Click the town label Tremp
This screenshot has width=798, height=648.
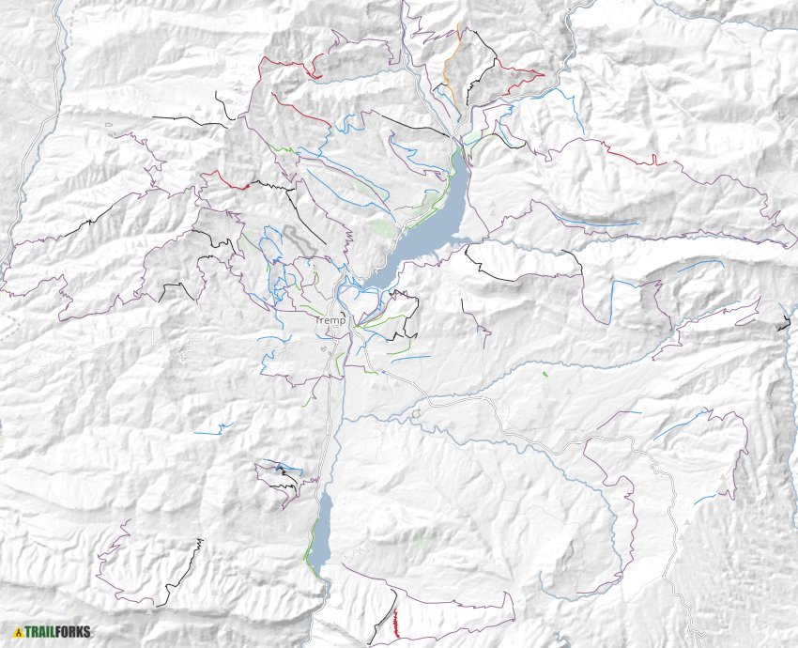pyautogui.click(x=330, y=320)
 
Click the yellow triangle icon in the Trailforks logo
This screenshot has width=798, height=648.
pyautogui.click(x=18, y=632)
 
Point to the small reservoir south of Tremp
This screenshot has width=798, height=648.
pyautogui.click(x=321, y=531)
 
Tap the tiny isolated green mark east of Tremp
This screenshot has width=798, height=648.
pyautogui.click(x=545, y=374)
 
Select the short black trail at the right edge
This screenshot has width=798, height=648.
pyautogui.click(x=783, y=325)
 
